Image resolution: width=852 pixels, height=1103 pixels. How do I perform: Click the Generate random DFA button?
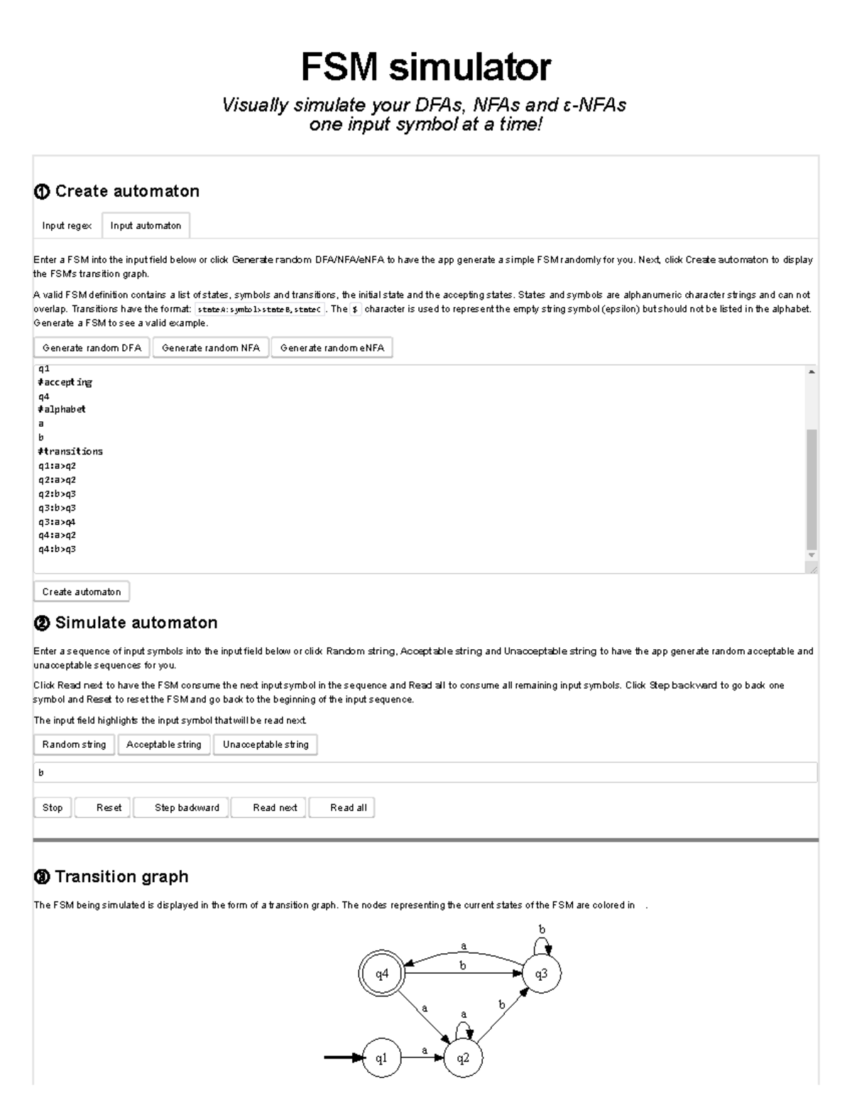[x=92, y=348]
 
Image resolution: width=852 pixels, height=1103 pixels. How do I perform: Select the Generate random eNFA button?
[x=332, y=348]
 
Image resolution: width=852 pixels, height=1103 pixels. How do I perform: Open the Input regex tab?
[x=67, y=226]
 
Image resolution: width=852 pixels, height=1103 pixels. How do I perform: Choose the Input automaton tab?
[x=146, y=226]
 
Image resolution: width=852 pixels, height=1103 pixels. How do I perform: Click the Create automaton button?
[x=82, y=592]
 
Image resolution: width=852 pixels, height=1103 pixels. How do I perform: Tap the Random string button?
[x=74, y=744]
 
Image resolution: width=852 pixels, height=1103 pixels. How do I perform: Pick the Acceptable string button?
[x=164, y=744]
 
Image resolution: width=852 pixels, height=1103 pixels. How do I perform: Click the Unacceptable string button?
[x=266, y=744]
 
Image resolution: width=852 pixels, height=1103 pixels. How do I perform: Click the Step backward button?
[x=181, y=808]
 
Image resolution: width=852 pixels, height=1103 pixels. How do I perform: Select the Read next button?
[x=269, y=808]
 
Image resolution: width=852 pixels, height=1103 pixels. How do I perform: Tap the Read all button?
[x=342, y=808]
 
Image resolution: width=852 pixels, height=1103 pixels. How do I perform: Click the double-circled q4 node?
[x=382, y=974]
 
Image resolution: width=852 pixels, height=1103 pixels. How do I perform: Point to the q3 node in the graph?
[x=541, y=974]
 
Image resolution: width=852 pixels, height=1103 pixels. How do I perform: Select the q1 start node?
[x=382, y=1058]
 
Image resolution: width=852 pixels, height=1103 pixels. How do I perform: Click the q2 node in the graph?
[x=463, y=1058]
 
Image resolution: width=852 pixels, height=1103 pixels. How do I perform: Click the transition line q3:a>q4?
[x=57, y=522]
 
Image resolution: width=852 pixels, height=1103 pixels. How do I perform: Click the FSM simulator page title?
[x=425, y=67]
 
